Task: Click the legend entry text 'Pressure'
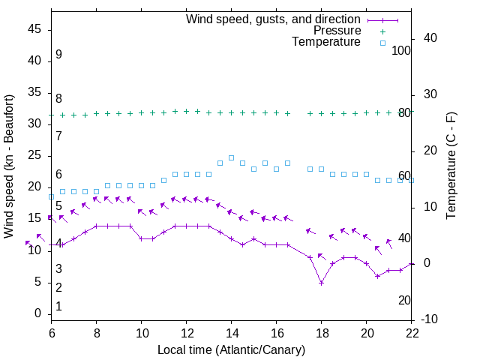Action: (337, 31)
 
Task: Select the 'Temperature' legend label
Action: (326, 43)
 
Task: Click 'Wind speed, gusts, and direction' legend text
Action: (274, 19)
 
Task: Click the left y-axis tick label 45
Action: (34, 29)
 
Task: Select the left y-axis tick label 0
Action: (38, 314)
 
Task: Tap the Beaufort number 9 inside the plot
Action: (58, 55)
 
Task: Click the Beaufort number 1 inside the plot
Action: (58, 307)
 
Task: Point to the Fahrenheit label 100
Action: (401, 50)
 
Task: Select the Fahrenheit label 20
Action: (404, 300)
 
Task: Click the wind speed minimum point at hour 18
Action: (321, 283)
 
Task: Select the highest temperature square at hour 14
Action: (231, 158)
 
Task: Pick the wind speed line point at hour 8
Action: (96, 226)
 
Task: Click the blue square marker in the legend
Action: (382, 43)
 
